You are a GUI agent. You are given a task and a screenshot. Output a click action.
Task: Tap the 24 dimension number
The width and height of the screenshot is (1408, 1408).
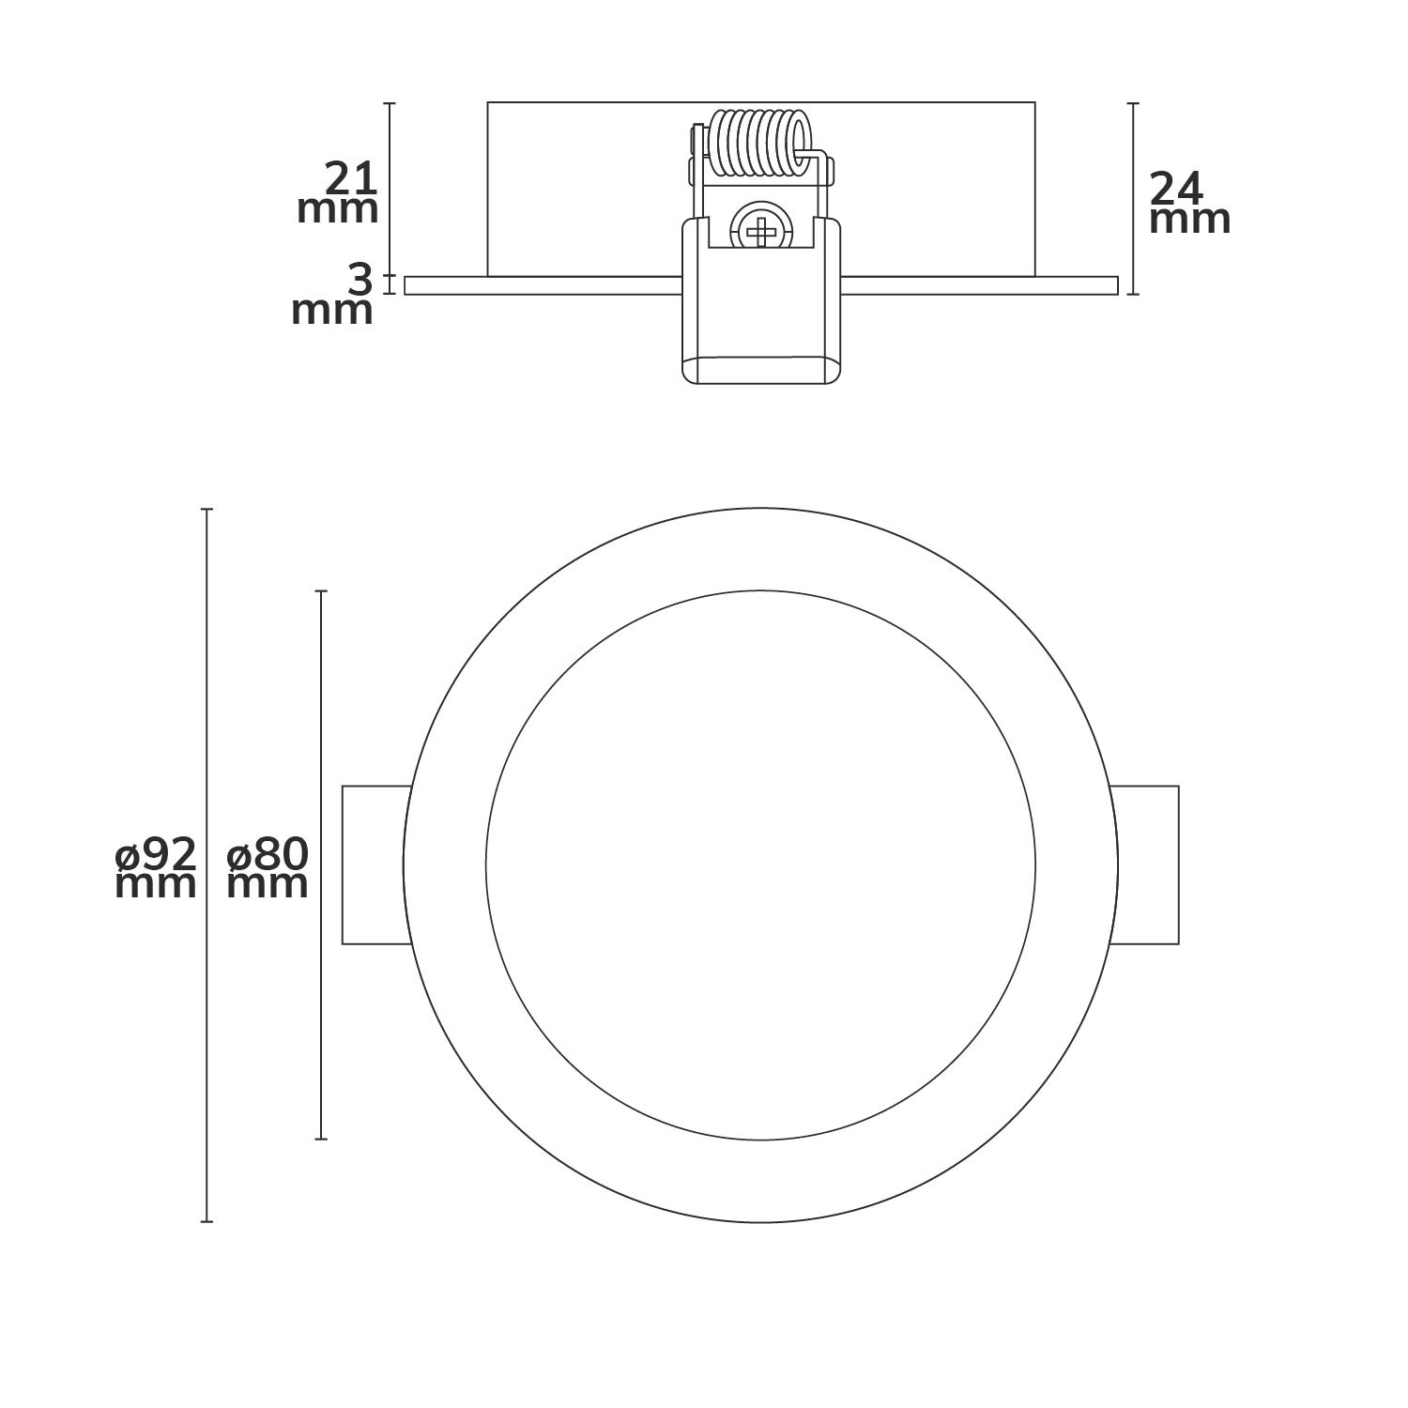point(1177,191)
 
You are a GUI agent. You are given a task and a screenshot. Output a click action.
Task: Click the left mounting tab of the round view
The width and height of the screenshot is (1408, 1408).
point(377,865)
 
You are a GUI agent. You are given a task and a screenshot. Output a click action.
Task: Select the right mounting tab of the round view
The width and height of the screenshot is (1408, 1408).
point(1143,865)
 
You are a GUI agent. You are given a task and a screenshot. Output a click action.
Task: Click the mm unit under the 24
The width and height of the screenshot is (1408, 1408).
point(1190,222)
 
